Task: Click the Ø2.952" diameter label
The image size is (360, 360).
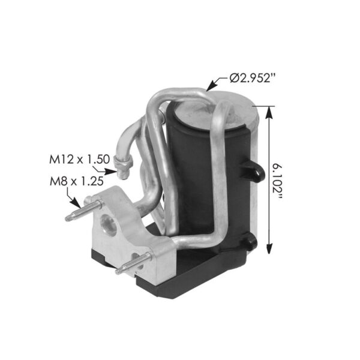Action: (254, 77)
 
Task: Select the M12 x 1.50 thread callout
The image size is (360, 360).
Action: (79, 159)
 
